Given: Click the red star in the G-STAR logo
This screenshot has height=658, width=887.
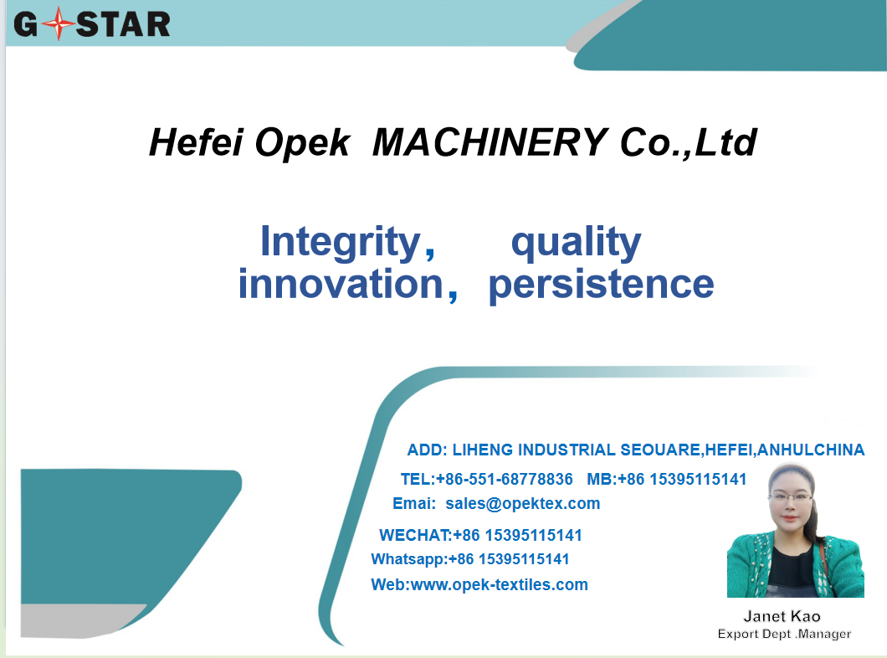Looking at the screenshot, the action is click(58, 23).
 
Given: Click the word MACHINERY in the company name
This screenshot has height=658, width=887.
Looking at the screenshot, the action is click(490, 142).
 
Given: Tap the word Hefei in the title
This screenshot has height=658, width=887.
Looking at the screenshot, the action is click(197, 142).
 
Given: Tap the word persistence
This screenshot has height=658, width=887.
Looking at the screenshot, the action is click(601, 285).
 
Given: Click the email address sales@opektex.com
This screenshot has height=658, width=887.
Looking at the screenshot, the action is click(523, 503).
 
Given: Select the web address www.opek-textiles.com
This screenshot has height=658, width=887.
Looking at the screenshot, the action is click(499, 584).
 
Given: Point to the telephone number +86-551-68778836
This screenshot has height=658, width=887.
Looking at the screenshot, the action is click(504, 479).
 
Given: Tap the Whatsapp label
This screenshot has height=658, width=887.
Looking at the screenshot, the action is click(408, 559).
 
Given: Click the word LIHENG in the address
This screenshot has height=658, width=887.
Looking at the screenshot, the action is click(483, 450).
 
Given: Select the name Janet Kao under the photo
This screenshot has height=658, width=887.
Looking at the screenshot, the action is click(782, 616).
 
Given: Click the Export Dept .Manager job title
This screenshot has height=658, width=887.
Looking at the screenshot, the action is click(784, 635).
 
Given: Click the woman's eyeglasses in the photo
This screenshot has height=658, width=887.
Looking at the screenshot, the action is click(791, 498).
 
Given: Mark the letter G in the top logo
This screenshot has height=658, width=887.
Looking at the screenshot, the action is click(26, 24).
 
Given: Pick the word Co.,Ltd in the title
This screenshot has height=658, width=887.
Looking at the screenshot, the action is click(689, 142).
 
